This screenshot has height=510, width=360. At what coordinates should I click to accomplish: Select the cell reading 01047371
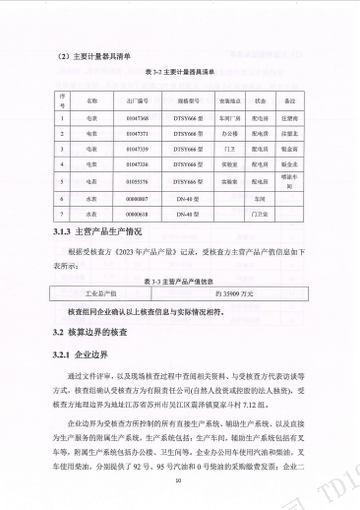(x=137, y=132)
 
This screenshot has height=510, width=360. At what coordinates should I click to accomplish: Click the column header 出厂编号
(x=137, y=100)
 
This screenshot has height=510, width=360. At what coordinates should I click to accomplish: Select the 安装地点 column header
(x=230, y=100)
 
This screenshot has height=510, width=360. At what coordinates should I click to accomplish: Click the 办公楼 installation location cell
(x=230, y=132)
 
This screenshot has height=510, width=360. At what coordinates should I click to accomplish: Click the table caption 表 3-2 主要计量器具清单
(x=180, y=73)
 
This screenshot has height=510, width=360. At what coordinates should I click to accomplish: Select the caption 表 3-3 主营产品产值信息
(x=180, y=281)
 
